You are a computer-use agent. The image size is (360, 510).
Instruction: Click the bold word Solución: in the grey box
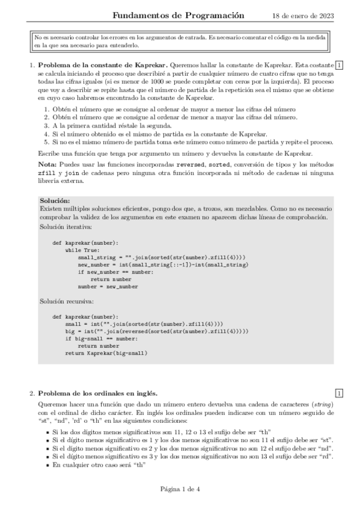pyautogui.click(x=54, y=201)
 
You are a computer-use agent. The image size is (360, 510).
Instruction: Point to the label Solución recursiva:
pyautogui.click(x=66, y=299)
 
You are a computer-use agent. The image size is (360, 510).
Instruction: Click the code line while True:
pyautogui.click(x=82, y=250)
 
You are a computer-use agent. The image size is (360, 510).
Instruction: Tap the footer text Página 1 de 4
pyautogui.click(x=180, y=489)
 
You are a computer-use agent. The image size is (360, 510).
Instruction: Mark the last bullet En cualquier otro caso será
pyautogui.click(x=99, y=465)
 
